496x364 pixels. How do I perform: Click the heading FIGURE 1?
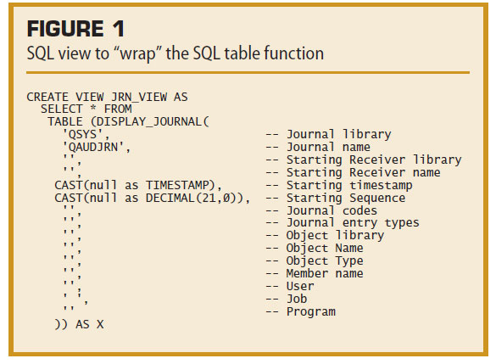click(x=75, y=29)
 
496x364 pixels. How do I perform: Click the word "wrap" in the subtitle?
click(x=137, y=53)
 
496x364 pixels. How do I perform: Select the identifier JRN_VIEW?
click(x=138, y=97)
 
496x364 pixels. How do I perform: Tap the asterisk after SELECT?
click(x=93, y=109)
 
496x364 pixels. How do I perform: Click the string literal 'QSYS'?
click(x=82, y=135)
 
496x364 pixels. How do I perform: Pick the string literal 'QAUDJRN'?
click(x=93, y=147)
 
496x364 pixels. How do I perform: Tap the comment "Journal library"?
click(x=338, y=135)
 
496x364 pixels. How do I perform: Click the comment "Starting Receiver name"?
click(x=363, y=172)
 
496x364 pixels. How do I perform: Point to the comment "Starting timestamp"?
click(x=349, y=186)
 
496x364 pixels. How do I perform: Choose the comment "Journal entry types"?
click(x=353, y=223)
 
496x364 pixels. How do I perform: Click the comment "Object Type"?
click(x=325, y=260)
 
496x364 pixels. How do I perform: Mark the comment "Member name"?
click(x=325, y=273)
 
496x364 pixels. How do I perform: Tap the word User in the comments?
click(x=300, y=286)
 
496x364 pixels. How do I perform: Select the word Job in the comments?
click(x=297, y=299)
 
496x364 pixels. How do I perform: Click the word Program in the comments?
click(x=311, y=311)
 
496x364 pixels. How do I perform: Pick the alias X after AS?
click(x=100, y=324)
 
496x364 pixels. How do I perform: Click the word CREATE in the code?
click(x=47, y=97)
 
